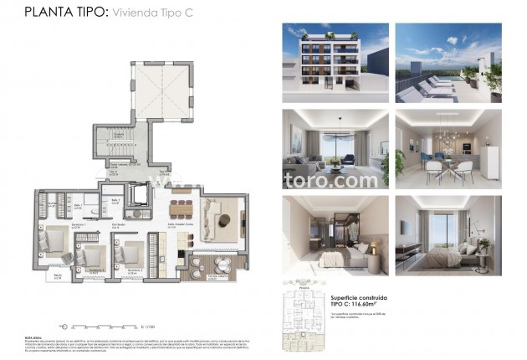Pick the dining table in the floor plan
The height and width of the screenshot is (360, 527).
[x=180, y=208]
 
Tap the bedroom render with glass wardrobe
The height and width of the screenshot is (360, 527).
[x=330, y=237]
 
